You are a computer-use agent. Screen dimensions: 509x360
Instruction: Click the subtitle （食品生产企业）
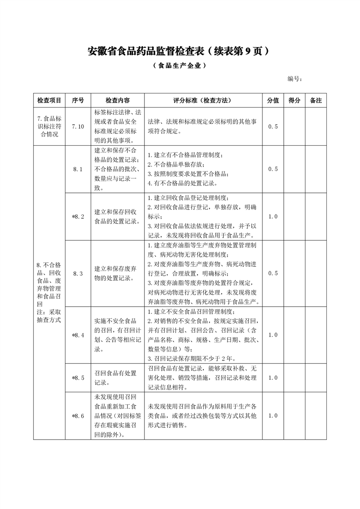coord(180,65)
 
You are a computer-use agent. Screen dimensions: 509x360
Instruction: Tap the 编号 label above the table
coord(295,79)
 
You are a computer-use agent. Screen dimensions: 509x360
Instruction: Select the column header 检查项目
coord(49,100)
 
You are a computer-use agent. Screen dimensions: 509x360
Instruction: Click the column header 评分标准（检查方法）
coord(203,100)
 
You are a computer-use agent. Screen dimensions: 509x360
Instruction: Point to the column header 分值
coord(273,100)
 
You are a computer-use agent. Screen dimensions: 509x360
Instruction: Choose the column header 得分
coord(295,100)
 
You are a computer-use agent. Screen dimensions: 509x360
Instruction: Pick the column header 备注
coord(316,100)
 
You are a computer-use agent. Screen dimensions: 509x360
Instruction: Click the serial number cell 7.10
coord(78,127)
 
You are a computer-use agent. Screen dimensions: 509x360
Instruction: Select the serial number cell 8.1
coord(78,169)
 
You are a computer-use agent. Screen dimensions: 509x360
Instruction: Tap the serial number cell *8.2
coord(78,217)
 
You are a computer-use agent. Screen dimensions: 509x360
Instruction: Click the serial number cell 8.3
coord(78,273)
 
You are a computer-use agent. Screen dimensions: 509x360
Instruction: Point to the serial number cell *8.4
coord(78,335)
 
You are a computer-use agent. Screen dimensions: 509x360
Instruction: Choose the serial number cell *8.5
coord(78,377)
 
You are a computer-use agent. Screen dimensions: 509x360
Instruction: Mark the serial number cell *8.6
coord(78,416)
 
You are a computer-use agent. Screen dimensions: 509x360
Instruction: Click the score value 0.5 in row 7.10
coord(273,127)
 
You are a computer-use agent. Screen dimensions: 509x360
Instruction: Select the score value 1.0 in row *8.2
coord(273,217)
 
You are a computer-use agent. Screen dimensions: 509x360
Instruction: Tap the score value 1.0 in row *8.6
coord(273,416)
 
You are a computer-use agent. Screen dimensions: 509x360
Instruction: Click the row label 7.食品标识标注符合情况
coord(49,127)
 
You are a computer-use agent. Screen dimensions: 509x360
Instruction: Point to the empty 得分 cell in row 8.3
coord(295,273)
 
